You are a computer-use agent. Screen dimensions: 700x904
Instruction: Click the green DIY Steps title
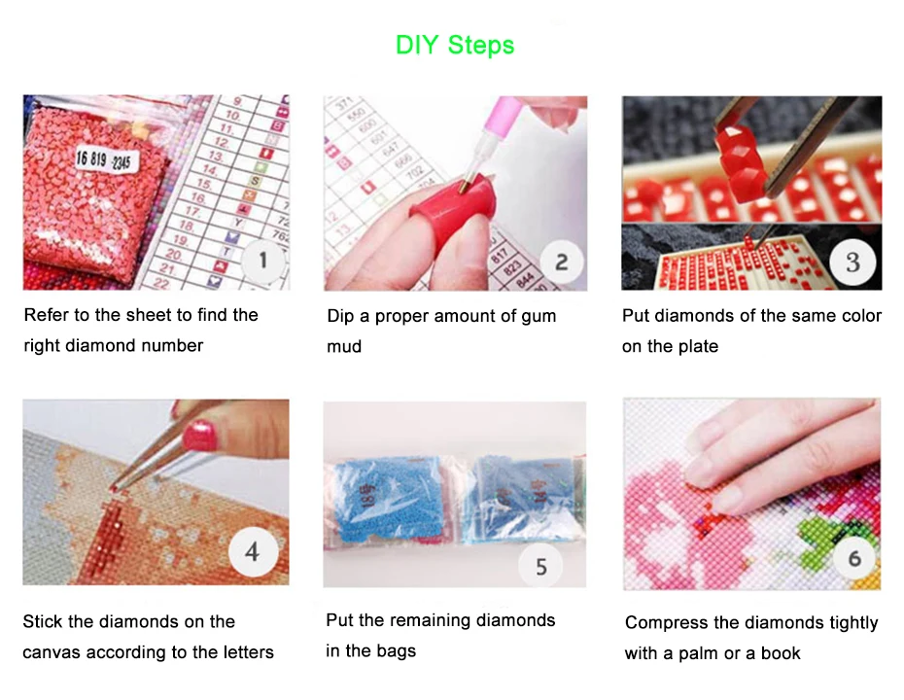[455, 45]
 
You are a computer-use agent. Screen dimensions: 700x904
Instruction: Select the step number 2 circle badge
[561, 262]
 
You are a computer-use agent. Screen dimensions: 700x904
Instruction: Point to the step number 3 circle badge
[852, 261]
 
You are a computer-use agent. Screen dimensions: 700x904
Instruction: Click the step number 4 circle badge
[252, 552]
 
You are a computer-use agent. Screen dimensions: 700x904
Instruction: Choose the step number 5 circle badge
[541, 565]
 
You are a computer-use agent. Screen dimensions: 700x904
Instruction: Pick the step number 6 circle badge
[854, 558]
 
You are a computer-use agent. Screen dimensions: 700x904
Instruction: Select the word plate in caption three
[696, 347]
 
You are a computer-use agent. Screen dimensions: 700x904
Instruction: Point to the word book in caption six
[781, 653]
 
